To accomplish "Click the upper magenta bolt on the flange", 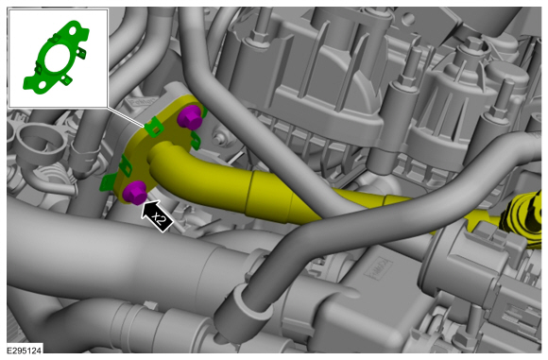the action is pos(190,117).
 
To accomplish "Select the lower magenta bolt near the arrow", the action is pos(135,193).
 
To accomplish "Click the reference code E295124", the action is pos(25,350).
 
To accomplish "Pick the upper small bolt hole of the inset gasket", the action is pos(74,31).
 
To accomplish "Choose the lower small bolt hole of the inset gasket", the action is pos(43,84).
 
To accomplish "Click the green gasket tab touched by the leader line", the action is pos(154,127).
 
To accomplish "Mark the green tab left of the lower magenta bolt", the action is pos(108,182).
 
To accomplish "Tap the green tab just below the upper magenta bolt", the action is pos(196,140).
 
